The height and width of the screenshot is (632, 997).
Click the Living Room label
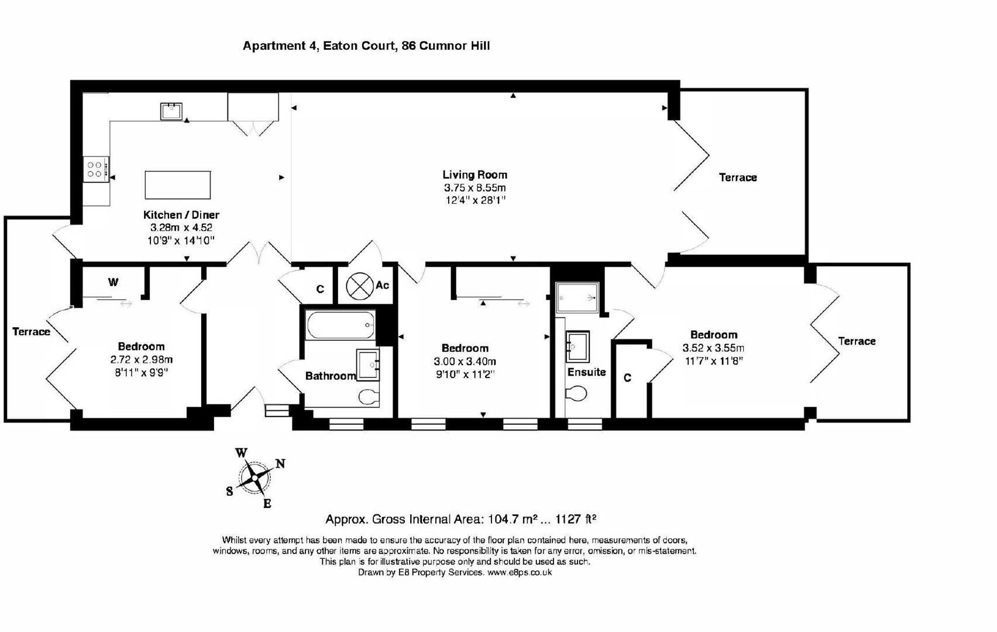475,175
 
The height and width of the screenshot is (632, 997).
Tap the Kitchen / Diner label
181,215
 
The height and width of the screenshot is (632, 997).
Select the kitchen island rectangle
178,185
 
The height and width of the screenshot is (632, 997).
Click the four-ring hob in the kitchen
96,169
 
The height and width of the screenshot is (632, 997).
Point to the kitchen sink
171,111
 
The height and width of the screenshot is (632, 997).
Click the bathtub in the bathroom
341,325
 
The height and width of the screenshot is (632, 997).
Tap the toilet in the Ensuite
576,393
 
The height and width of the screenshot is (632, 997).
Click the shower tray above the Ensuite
577,297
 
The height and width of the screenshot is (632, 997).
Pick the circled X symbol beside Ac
359,286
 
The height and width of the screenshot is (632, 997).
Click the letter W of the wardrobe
113,281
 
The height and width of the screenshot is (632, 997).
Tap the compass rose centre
255,478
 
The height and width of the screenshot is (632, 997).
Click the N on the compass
280,464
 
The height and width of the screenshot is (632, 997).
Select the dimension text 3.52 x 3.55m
713,348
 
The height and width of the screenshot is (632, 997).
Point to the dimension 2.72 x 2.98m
141,360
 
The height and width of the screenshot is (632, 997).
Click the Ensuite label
587,372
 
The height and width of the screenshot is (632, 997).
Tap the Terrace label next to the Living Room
738,177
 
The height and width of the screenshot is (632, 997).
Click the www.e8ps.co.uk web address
520,572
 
